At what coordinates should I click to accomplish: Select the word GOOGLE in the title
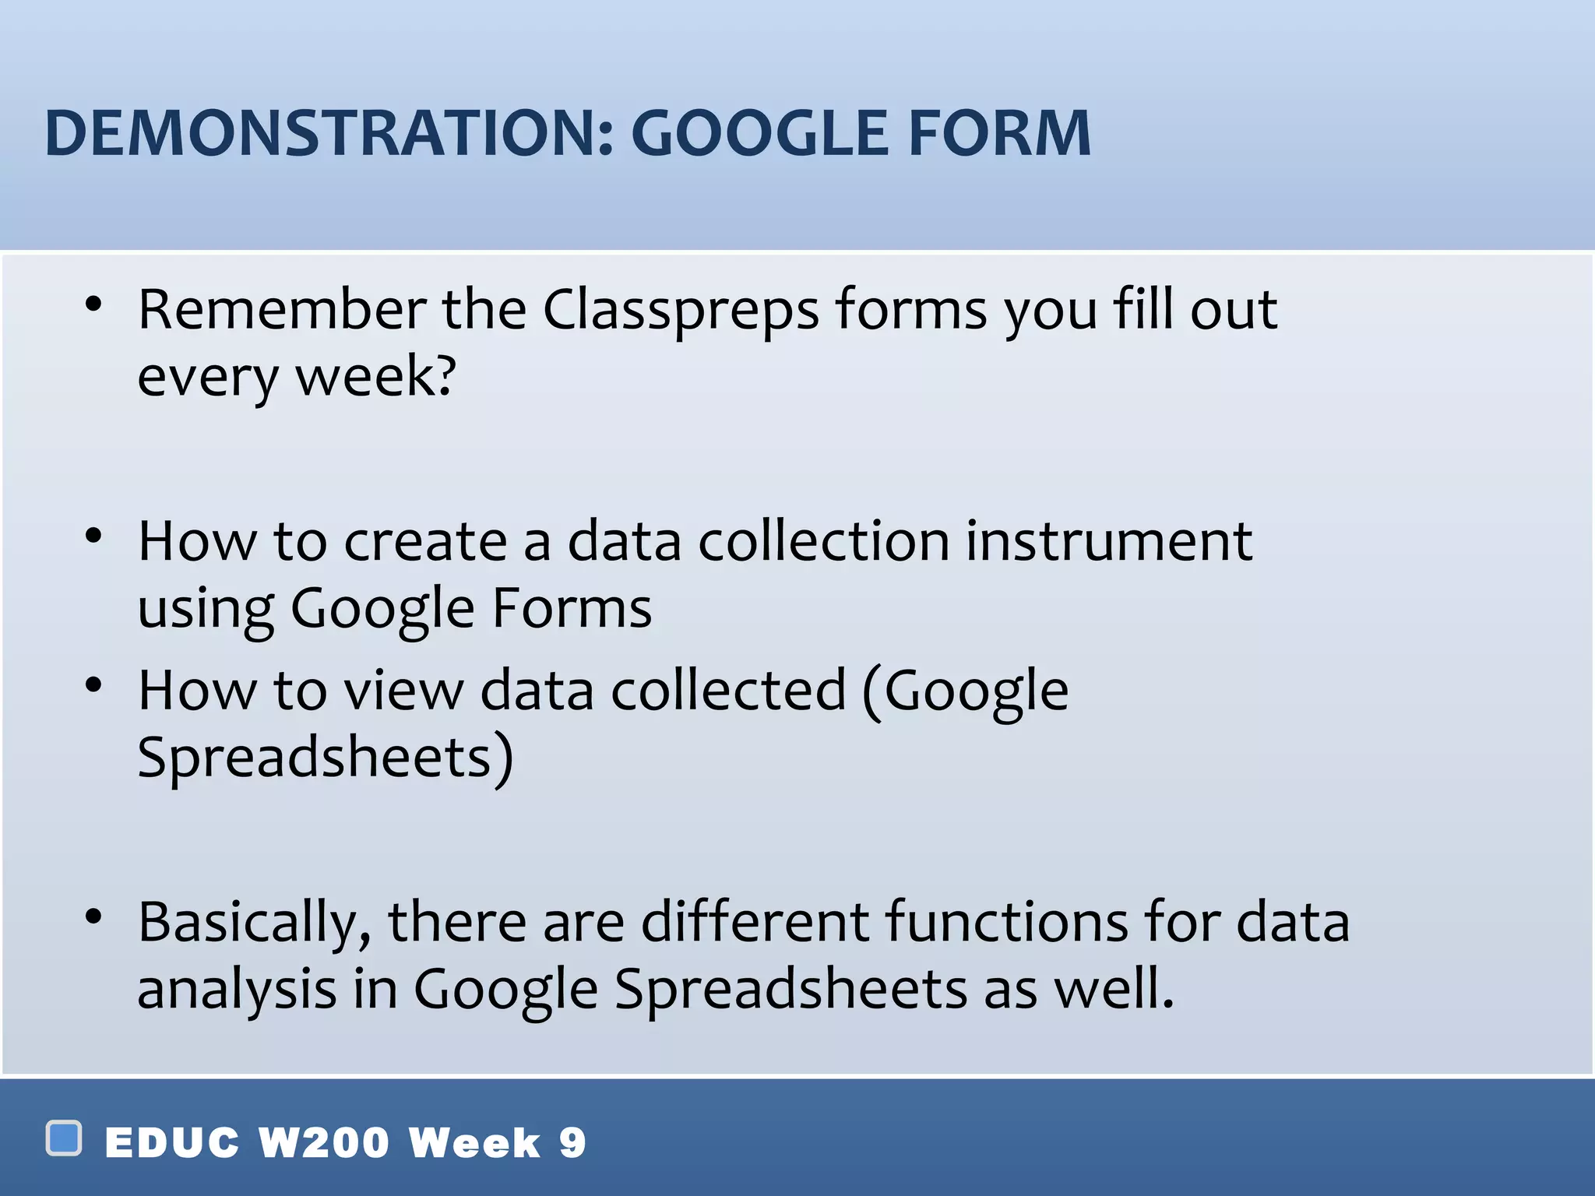[x=764, y=134]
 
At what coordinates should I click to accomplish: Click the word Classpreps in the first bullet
[x=680, y=310]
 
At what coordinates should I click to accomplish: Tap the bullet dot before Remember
[x=93, y=305]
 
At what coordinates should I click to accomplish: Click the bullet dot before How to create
[x=93, y=536]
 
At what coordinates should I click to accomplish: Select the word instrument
[x=1109, y=541]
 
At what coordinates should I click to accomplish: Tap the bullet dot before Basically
[x=93, y=917]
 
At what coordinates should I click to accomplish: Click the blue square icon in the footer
[x=64, y=1138]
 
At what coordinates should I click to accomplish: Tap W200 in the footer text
[x=323, y=1143]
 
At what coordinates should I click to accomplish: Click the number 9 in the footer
[x=572, y=1143]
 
